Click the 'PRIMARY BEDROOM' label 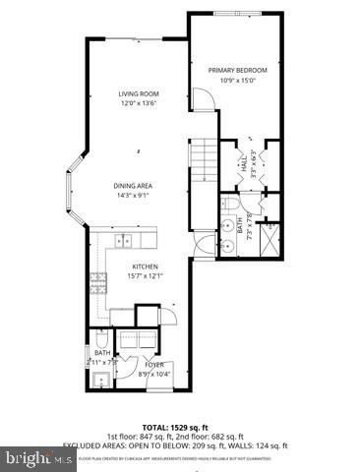[238, 71]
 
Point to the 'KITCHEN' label [145, 266]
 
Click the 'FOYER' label [129, 364]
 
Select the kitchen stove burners [99, 286]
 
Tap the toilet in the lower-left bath [101, 340]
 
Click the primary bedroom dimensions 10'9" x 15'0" [238, 82]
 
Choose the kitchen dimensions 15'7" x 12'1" [145, 276]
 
